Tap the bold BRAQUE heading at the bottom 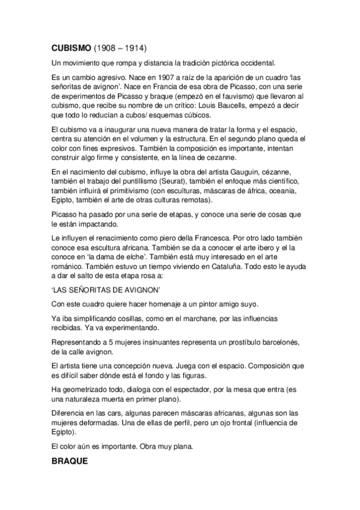pyautogui.click(x=69, y=462)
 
